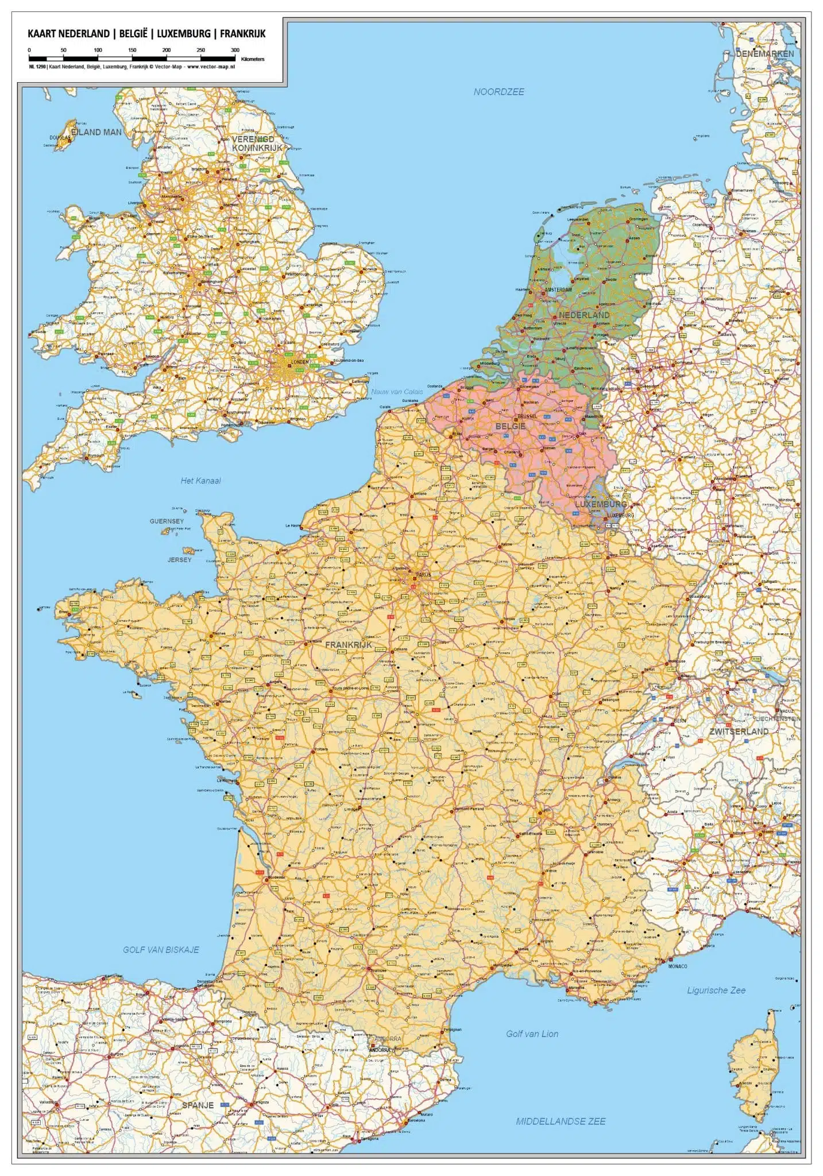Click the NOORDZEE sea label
[499, 92]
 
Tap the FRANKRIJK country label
[349, 645]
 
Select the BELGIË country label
[511, 426]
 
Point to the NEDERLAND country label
[584, 315]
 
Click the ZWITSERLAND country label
[739, 732]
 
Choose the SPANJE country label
[198, 1105]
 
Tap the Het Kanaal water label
[200, 481]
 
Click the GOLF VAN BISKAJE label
[161, 950]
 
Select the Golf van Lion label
[532, 1034]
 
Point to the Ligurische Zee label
[716, 990]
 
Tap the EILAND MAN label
[96, 132]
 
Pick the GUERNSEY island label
[167, 521]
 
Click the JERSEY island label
[179, 559]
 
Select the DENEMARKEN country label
[765, 54]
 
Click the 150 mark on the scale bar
[132, 51]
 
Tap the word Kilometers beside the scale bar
[253, 59]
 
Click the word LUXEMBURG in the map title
[184, 34]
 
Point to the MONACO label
[678, 966]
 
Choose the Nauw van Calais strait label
[397, 392]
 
